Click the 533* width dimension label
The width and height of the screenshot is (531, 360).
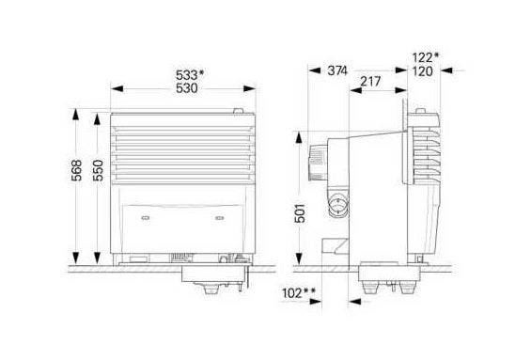[190, 75]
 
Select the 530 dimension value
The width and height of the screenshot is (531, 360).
[187, 88]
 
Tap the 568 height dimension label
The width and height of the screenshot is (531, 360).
[77, 170]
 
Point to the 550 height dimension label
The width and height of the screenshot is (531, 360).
[98, 170]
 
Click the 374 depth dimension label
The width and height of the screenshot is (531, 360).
[337, 70]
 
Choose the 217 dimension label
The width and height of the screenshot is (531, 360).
[370, 81]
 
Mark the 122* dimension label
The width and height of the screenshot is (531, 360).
[426, 57]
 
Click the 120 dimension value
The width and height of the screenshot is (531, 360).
[423, 71]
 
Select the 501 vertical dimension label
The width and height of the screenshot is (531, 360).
[300, 213]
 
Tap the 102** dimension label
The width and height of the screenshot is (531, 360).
[299, 293]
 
